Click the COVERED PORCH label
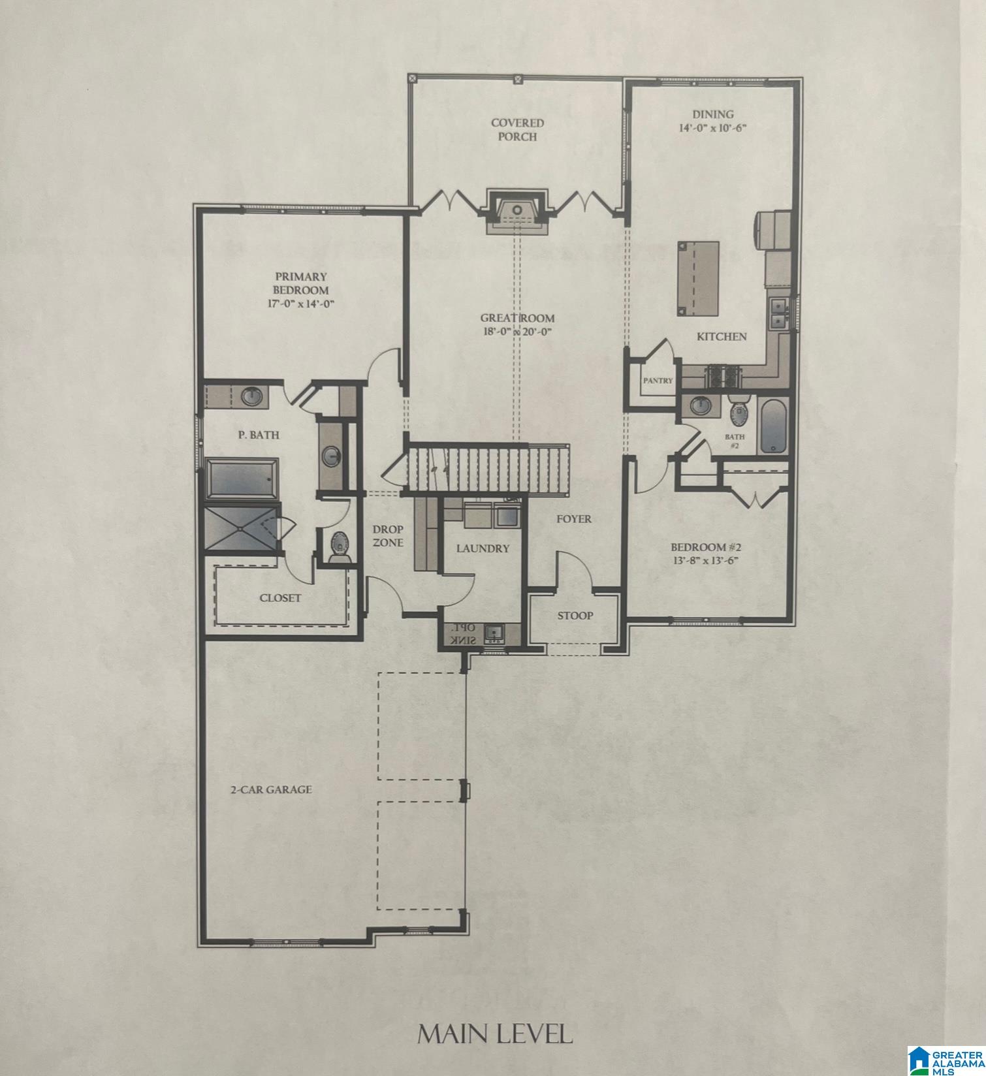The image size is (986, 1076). pyautogui.click(x=517, y=129)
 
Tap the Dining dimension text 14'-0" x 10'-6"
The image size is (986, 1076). pyautogui.click(x=712, y=128)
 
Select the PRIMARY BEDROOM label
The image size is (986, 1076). pyautogui.click(x=300, y=283)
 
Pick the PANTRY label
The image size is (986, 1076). pyautogui.click(x=658, y=381)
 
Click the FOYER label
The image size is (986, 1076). pyautogui.click(x=574, y=519)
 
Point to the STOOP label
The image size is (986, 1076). pyautogui.click(x=575, y=615)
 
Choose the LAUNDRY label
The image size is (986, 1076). pyautogui.click(x=483, y=548)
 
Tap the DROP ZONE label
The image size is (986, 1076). pyautogui.click(x=388, y=535)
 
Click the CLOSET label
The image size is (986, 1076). pyautogui.click(x=280, y=597)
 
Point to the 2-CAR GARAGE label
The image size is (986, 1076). pyautogui.click(x=271, y=789)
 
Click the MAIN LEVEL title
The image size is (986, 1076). pyautogui.click(x=495, y=1034)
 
